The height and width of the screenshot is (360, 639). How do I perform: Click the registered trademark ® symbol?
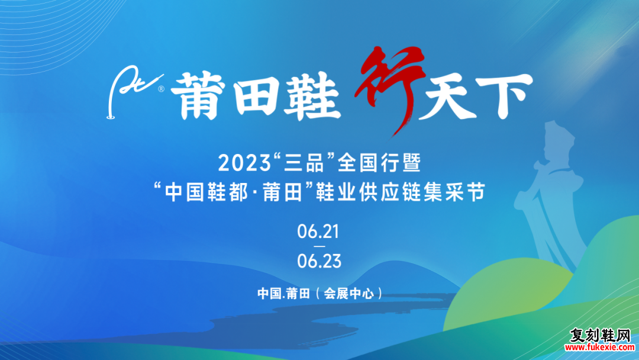(x=162, y=88)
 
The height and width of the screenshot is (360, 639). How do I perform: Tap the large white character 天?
(x=448, y=98)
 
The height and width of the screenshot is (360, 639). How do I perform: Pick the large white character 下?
(x=505, y=97)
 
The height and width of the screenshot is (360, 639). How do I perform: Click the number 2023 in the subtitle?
(x=244, y=163)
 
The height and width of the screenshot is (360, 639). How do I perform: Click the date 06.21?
(x=319, y=232)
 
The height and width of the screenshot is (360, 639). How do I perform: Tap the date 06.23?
(x=319, y=261)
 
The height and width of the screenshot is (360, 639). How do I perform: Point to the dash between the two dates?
(x=319, y=246)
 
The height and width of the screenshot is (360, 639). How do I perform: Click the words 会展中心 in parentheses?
(x=349, y=294)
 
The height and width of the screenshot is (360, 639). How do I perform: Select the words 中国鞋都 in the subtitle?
(x=206, y=192)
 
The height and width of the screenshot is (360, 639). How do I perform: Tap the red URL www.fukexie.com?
(x=599, y=348)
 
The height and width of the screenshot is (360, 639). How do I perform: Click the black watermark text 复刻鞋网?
(x=600, y=336)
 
